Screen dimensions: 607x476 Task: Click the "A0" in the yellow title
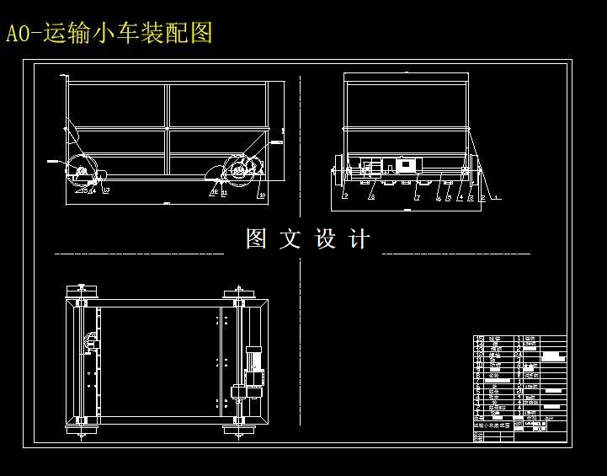18,34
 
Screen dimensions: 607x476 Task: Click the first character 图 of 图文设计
256,239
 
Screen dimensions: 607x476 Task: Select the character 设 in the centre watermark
325,239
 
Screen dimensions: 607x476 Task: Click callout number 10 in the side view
262,195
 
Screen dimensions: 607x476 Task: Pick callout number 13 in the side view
106,191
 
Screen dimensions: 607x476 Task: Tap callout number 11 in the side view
224,193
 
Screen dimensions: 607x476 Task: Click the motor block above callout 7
407,166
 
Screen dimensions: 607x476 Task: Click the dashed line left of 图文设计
139,253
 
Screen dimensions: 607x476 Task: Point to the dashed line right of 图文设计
456,253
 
